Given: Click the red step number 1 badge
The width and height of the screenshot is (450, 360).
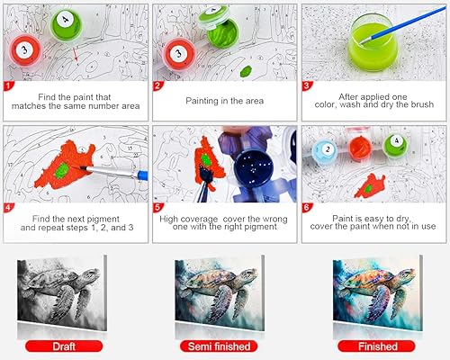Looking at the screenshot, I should click(8, 86).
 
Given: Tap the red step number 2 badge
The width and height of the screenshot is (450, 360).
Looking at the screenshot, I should click(158, 86).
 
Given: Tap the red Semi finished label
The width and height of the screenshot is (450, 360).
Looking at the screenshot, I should click(224, 346).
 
